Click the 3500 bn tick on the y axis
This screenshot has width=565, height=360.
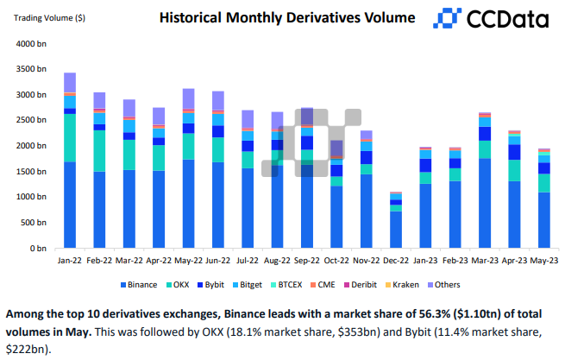pos(31,68)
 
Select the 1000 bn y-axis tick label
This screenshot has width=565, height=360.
pos(31,197)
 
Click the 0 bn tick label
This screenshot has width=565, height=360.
pos(37,249)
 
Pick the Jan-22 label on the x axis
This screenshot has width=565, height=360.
pos(70,259)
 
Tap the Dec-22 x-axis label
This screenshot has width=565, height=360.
pos(396,259)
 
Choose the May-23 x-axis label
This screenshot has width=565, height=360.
pos(544,259)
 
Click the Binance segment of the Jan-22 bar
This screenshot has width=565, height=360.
pos(70,205)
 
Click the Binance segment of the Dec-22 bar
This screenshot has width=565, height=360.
pos(396,230)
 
